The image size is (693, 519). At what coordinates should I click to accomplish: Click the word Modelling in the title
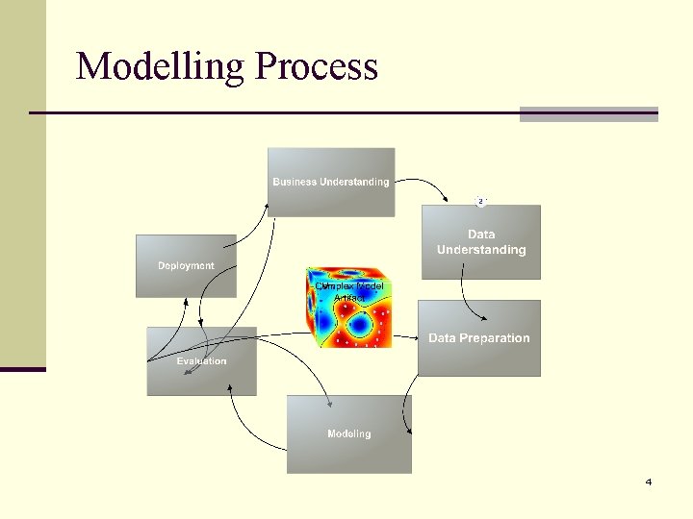[160, 66]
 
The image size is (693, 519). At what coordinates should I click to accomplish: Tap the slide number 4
[648, 482]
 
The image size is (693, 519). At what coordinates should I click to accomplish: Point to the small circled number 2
[480, 201]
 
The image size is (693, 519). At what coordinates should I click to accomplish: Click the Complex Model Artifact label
[349, 292]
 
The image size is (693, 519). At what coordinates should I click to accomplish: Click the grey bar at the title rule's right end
[588, 113]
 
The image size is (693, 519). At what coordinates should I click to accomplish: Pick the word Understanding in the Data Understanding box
[481, 250]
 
